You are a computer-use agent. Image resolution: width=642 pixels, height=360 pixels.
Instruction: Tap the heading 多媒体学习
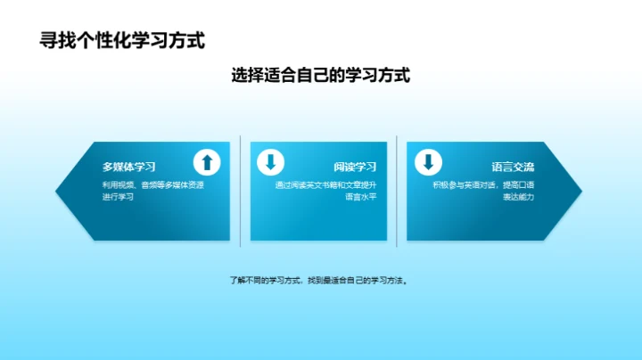[129, 167]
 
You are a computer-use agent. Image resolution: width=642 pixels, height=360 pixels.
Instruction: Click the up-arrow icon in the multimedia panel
[207, 162]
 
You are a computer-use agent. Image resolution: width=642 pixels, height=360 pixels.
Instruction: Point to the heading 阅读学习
[355, 167]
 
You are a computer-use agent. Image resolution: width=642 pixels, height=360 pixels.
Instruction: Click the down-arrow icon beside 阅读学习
[270, 162]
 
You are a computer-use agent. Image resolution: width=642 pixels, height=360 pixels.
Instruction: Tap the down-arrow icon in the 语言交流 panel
[428, 162]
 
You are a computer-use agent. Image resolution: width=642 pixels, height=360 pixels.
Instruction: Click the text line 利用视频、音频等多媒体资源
[152, 184]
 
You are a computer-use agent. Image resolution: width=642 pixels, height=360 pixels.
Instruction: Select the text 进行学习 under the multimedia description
[118, 197]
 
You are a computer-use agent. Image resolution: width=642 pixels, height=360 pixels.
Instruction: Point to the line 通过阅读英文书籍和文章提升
[325, 184]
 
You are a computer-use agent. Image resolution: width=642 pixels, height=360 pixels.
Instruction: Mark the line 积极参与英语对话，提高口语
[483, 184]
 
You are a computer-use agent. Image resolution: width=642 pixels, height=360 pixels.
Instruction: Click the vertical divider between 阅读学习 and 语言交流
[398, 189]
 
